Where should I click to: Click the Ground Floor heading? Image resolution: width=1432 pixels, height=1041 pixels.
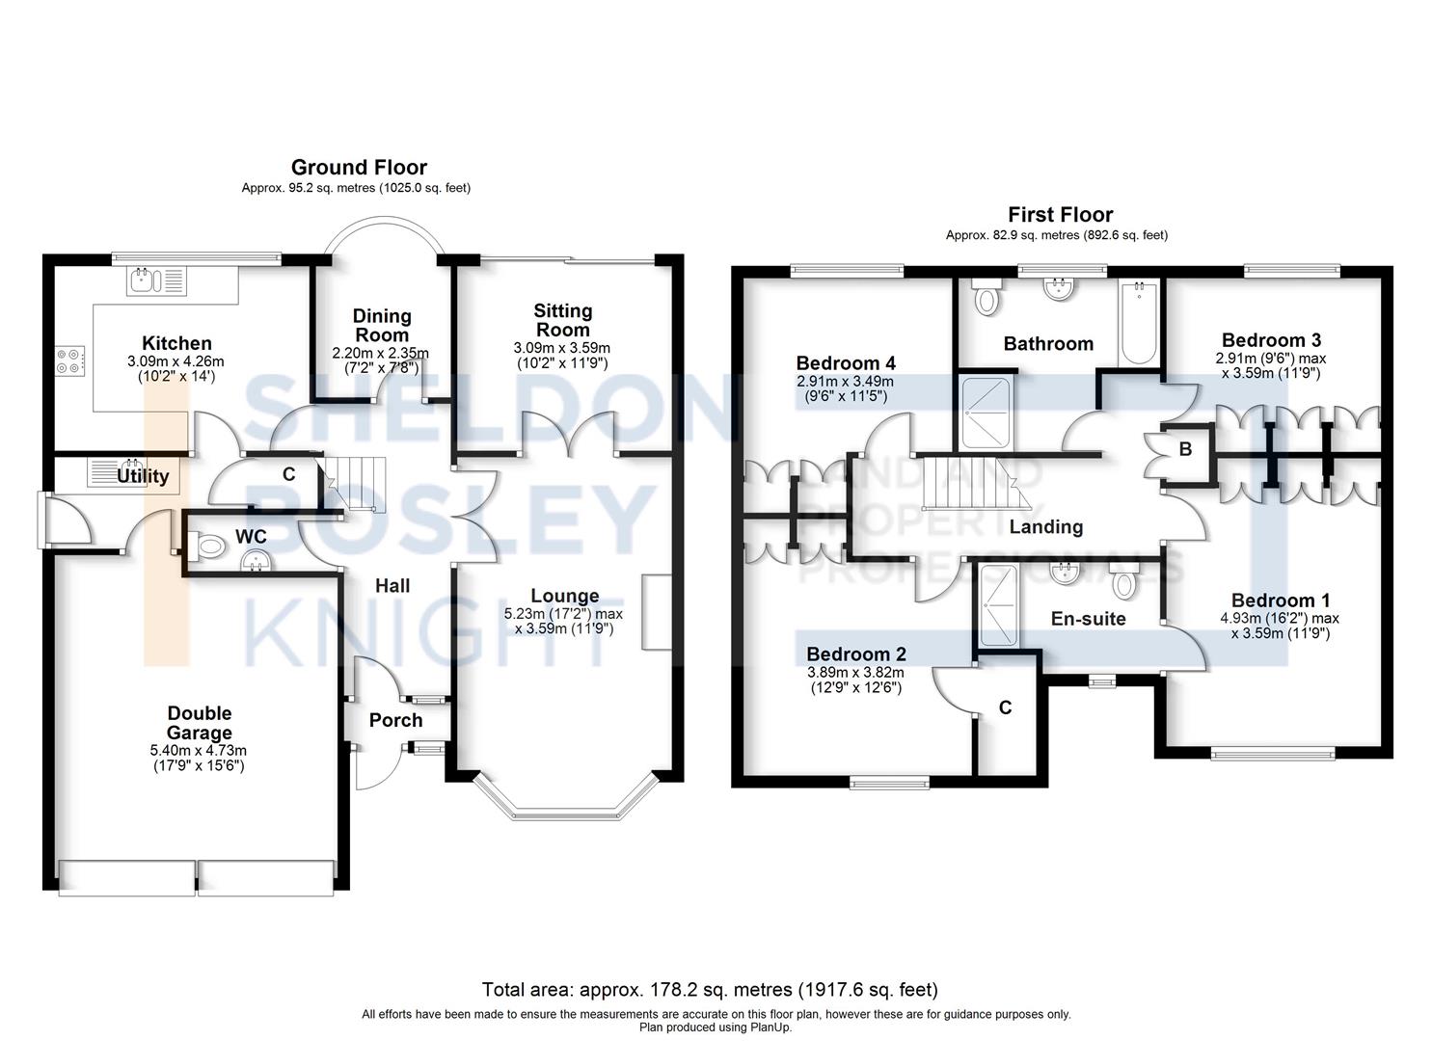pyautogui.click(x=359, y=168)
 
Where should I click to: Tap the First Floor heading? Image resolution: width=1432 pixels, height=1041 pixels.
pyautogui.click(x=1060, y=215)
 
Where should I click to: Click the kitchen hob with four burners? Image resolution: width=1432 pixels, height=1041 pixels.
pyautogui.click(x=69, y=360)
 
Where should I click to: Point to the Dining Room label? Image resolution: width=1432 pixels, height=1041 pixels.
pyautogui.click(x=382, y=325)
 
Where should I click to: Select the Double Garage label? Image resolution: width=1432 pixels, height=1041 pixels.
pyautogui.click(x=200, y=723)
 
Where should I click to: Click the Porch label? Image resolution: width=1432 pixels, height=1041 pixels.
pyautogui.click(x=395, y=720)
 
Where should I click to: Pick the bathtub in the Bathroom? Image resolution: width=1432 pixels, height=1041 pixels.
pyautogui.click(x=1140, y=323)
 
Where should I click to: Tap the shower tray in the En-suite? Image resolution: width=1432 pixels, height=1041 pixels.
pyautogui.click(x=997, y=604)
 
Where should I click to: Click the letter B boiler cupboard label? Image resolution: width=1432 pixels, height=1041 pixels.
pyautogui.click(x=1185, y=449)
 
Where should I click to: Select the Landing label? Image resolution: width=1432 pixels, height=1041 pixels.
pyautogui.click(x=1045, y=526)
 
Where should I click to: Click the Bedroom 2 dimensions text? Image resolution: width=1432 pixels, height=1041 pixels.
pyautogui.click(x=855, y=681)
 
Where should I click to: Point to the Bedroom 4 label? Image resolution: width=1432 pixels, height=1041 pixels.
pyautogui.click(x=845, y=363)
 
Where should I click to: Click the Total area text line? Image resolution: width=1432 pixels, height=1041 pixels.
pyautogui.click(x=709, y=989)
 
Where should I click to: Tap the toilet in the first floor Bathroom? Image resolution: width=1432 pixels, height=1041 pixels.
pyautogui.click(x=986, y=297)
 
